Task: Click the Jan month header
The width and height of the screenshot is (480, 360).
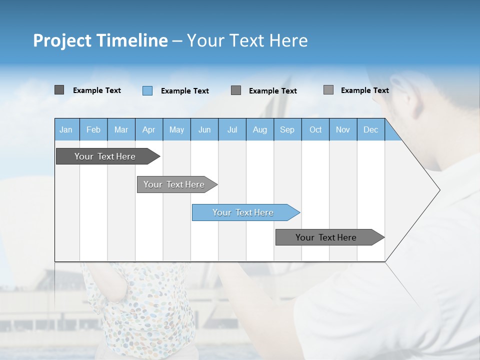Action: click(x=66, y=129)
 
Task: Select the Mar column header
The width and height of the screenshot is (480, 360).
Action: click(x=121, y=129)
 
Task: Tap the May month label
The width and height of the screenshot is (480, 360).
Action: click(x=176, y=129)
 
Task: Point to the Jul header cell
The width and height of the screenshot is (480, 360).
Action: click(x=232, y=129)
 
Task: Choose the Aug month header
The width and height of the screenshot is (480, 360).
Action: click(x=259, y=129)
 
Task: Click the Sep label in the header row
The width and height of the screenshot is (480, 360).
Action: click(x=287, y=129)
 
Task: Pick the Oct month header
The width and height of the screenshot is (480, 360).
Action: click(x=315, y=129)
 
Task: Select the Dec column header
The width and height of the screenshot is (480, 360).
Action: click(x=370, y=129)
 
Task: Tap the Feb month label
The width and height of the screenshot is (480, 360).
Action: click(x=93, y=129)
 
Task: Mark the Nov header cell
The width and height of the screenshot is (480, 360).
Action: click(x=342, y=129)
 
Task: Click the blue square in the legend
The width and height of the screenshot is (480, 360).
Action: click(x=147, y=90)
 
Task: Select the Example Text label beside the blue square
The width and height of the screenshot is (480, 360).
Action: click(x=184, y=91)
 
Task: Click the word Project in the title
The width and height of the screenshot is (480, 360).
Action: click(x=63, y=40)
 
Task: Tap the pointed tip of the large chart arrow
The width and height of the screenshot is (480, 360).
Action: click(x=439, y=190)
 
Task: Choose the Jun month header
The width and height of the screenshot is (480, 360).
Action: click(x=204, y=129)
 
